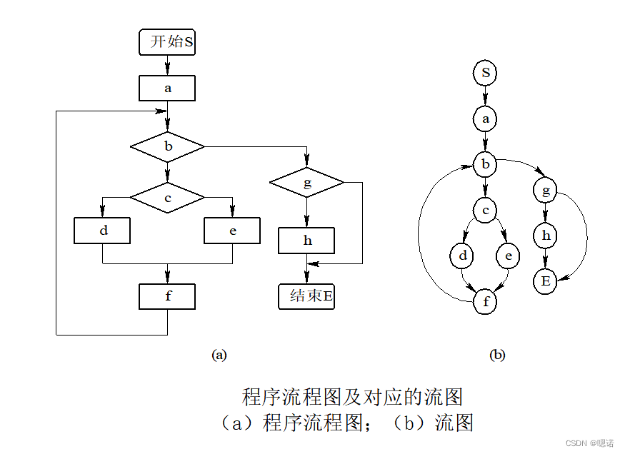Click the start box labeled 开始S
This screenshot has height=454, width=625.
pyautogui.click(x=167, y=42)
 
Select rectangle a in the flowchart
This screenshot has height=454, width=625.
pyautogui.click(x=167, y=89)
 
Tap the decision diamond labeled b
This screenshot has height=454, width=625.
pyautogui.click(x=167, y=147)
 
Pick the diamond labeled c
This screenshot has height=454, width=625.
pyautogui.click(x=167, y=198)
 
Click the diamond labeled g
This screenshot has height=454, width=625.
pyautogui.click(x=307, y=183)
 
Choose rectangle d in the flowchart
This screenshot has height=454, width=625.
pyautogui.click(x=102, y=231)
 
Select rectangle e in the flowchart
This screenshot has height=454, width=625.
pyautogui.click(x=232, y=231)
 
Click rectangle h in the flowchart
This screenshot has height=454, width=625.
pyautogui.click(x=307, y=241)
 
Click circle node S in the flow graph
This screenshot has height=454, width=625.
pyautogui.click(x=486, y=73)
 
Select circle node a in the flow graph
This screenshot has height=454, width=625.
pyautogui.click(x=486, y=118)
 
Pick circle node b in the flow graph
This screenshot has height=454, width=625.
pyautogui.click(x=486, y=165)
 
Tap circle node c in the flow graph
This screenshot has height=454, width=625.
pyautogui.click(x=486, y=210)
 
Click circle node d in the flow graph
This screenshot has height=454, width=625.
pyautogui.click(x=463, y=256)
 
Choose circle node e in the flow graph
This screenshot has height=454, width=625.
pyautogui.click(x=508, y=256)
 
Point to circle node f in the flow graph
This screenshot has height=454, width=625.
pyautogui.click(x=486, y=302)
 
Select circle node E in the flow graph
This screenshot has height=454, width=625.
pyautogui.click(x=546, y=281)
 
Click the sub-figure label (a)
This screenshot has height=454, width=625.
pyautogui.click(x=219, y=354)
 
